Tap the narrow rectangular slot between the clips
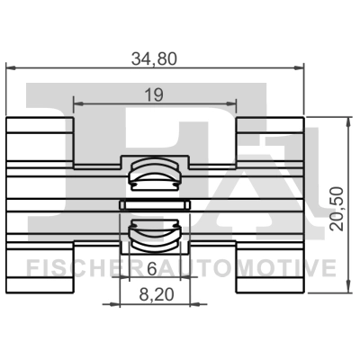(155, 205)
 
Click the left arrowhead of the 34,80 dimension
(11, 68)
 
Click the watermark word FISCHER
(76, 268)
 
